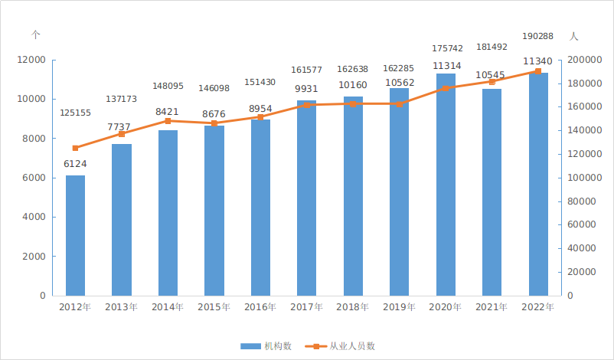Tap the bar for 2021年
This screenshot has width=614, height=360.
coord(492,191)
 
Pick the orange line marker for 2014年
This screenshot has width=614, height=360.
coord(168,121)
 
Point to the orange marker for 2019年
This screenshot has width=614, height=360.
coord(399,103)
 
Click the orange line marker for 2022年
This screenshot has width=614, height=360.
coord(538,71)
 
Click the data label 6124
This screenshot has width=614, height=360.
coord(74,164)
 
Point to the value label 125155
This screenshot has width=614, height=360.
coord(75,113)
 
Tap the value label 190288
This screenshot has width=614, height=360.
coord(537,36)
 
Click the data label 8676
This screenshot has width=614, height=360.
coord(214,114)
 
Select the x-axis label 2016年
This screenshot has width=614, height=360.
coord(260,307)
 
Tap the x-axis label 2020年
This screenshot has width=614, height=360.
coord(446,307)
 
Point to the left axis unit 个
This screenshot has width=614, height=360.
coord(35,35)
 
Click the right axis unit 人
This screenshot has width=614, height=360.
coord(574,36)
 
